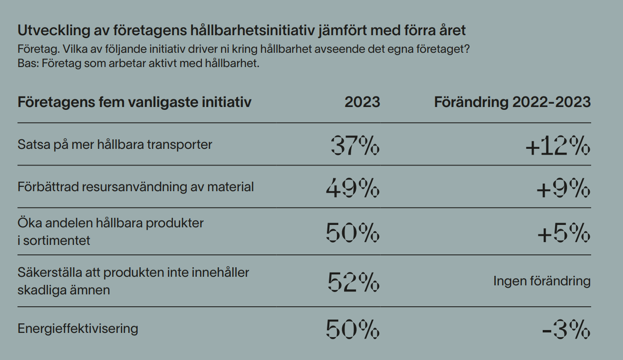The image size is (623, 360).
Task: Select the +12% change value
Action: point(558,146)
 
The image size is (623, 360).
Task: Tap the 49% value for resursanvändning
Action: point(353,188)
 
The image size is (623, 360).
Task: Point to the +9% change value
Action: point(563,188)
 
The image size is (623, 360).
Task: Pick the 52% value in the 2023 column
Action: point(354,282)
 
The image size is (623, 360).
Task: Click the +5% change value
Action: point(564,233)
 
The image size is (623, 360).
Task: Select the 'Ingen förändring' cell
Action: point(542,281)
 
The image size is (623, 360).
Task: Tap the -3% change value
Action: point(566,329)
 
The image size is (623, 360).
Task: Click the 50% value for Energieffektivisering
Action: point(353,329)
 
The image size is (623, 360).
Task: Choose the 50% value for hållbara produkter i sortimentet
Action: point(353,233)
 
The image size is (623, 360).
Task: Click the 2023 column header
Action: point(362,102)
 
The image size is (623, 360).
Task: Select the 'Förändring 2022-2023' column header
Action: point(512,102)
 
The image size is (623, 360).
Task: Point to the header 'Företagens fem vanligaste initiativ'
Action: point(134,102)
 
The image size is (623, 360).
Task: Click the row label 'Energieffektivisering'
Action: point(78,329)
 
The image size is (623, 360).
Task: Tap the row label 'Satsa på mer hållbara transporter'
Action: point(115,145)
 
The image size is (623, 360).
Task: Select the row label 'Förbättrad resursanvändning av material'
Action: point(135,187)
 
